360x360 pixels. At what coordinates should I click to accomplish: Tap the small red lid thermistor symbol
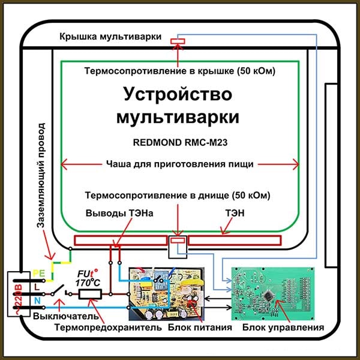tap(178, 41)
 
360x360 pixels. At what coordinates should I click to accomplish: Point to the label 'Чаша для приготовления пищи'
tap(179, 164)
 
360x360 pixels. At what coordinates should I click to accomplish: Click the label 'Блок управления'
tap(283, 329)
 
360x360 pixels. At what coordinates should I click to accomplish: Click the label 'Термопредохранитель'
tap(109, 328)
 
